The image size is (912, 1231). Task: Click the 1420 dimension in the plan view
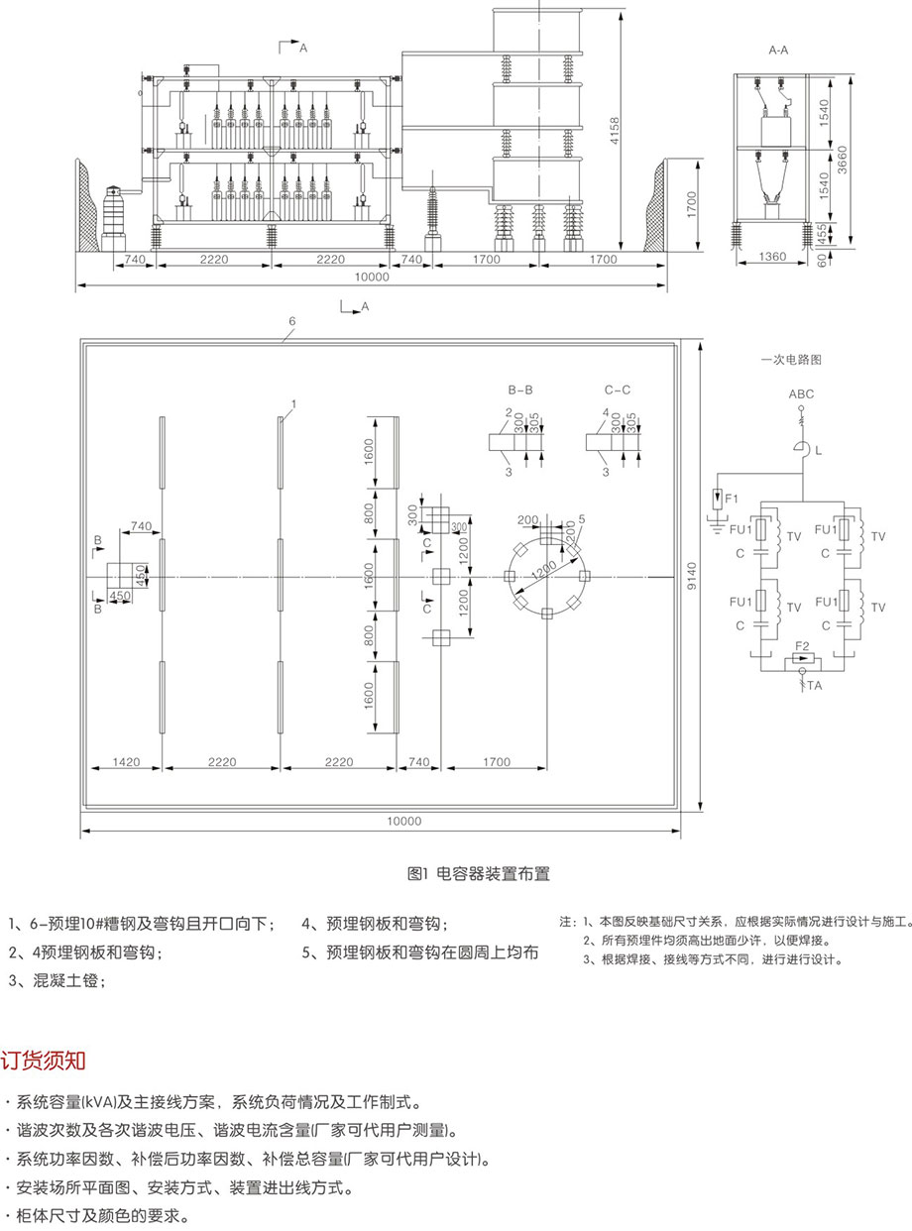point(126,762)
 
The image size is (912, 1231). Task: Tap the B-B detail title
point(520,390)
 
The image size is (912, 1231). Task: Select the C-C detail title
point(617,390)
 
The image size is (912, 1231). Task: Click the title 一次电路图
point(791,361)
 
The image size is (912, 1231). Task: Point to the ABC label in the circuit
point(801,393)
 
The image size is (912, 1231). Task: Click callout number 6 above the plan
point(291,322)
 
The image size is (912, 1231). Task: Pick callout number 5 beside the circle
point(582,518)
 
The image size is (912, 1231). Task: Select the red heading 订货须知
point(44,1061)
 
